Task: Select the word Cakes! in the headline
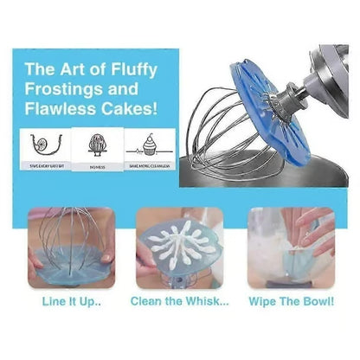pyautogui.click(x=133, y=110)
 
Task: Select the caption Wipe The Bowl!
pyautogui.click(x=291, y=302)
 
